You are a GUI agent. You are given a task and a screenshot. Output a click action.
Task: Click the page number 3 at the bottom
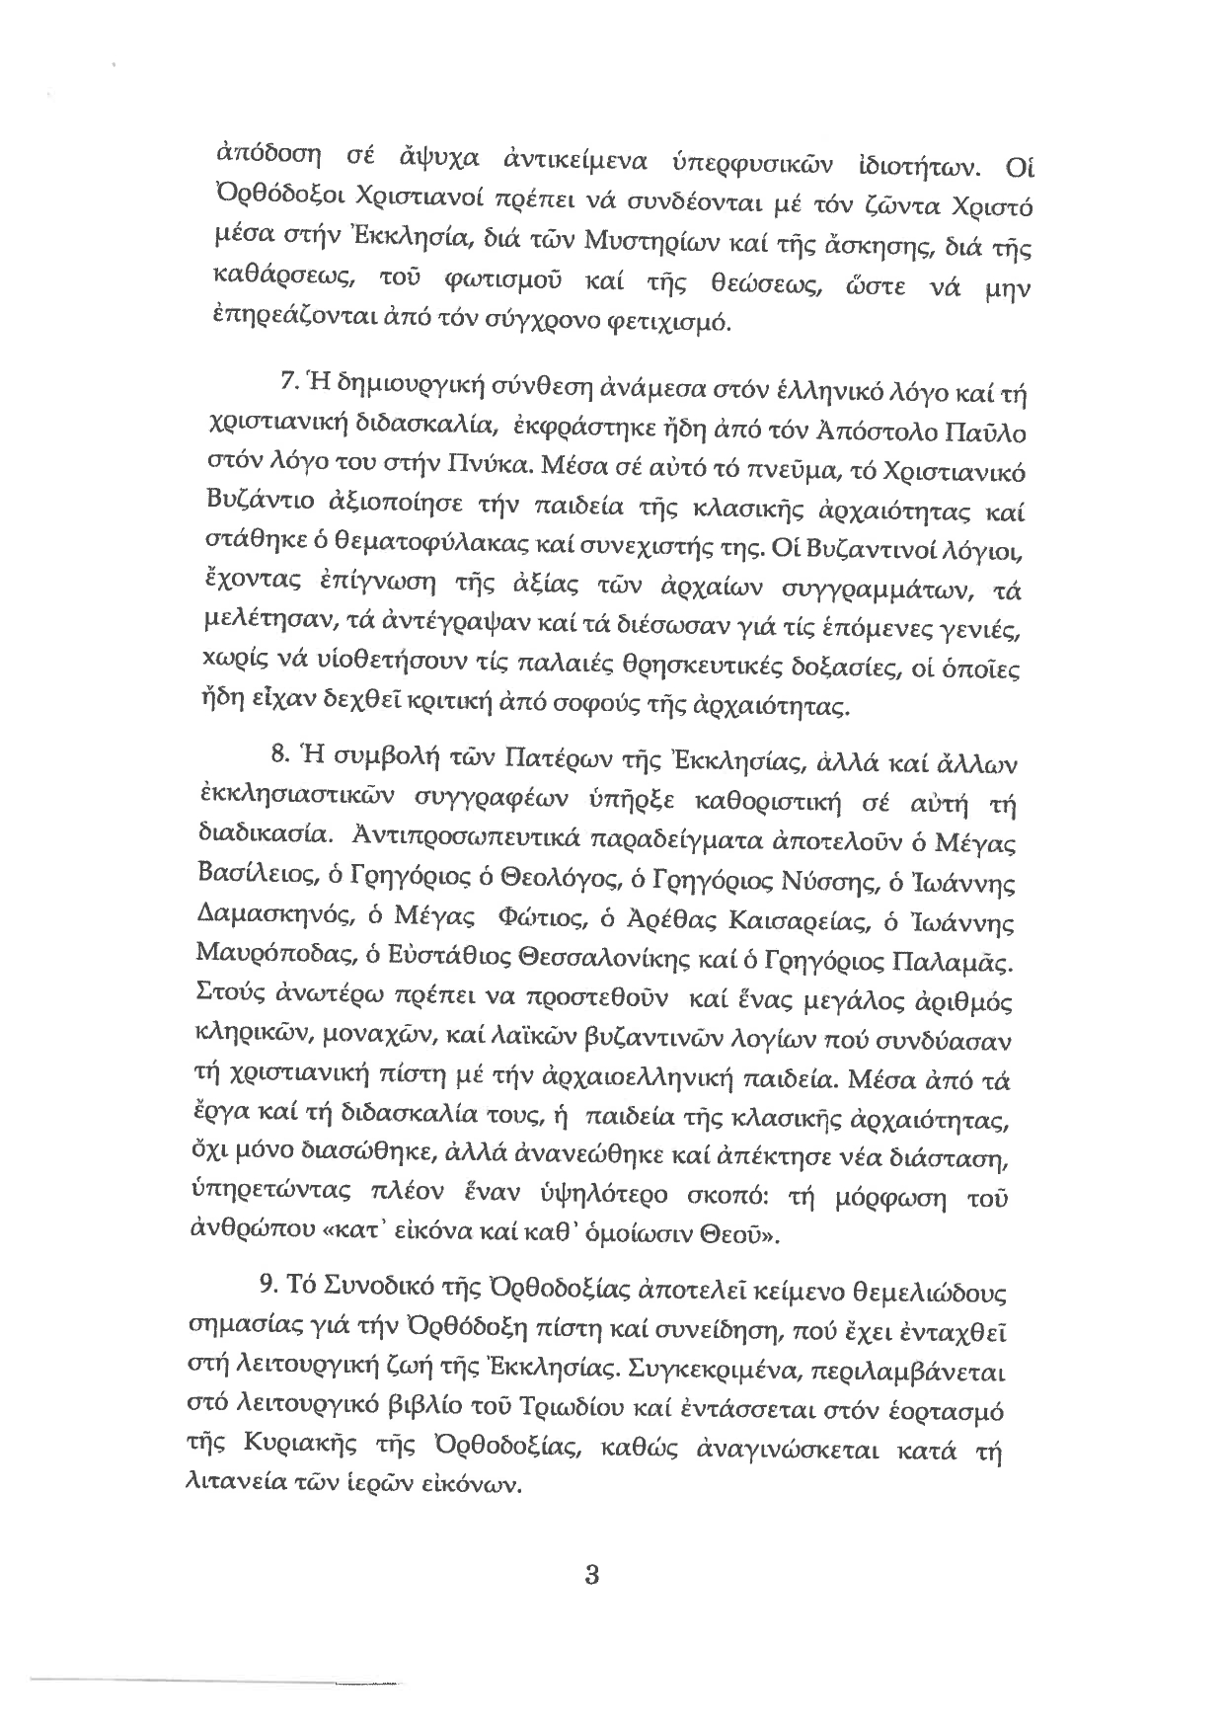pos(592,1574)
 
